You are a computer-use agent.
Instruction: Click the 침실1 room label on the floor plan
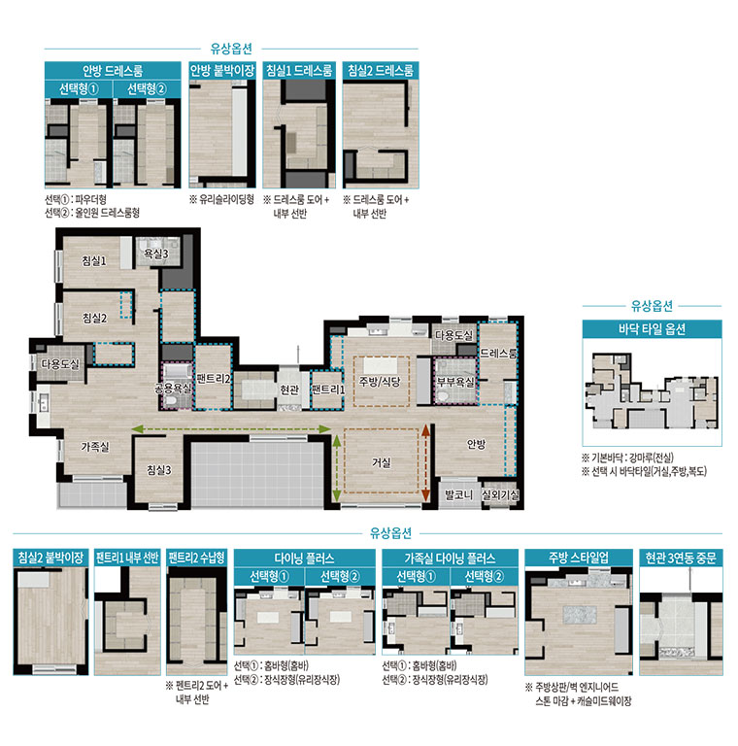point(93,260)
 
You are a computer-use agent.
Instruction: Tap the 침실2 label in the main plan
point(94,318)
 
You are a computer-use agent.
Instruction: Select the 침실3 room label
point(159,470)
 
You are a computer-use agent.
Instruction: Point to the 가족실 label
point(95,447)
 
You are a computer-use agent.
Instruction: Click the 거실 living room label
point(382,462)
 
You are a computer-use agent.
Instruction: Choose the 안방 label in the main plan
point(476,444)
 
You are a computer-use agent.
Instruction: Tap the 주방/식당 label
point(380,382)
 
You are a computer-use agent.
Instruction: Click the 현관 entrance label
point(289,390)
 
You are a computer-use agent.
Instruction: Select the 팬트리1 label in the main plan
point(327,390)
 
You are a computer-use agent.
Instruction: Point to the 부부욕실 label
point(455,382)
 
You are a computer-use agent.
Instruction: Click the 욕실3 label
point(156,254)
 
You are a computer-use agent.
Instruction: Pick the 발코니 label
point(458,494)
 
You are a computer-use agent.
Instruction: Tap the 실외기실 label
point(500,494)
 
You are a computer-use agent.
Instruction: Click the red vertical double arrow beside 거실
point(425,463)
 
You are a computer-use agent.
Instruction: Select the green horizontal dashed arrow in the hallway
point(231,429)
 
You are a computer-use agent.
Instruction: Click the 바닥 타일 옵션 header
point(652,329)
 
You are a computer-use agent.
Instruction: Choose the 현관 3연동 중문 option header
point(681,559)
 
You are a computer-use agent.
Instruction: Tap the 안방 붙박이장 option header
point(222,71)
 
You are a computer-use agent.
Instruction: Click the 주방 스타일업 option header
point(579,559)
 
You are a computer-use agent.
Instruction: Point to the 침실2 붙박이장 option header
point(50,558)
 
